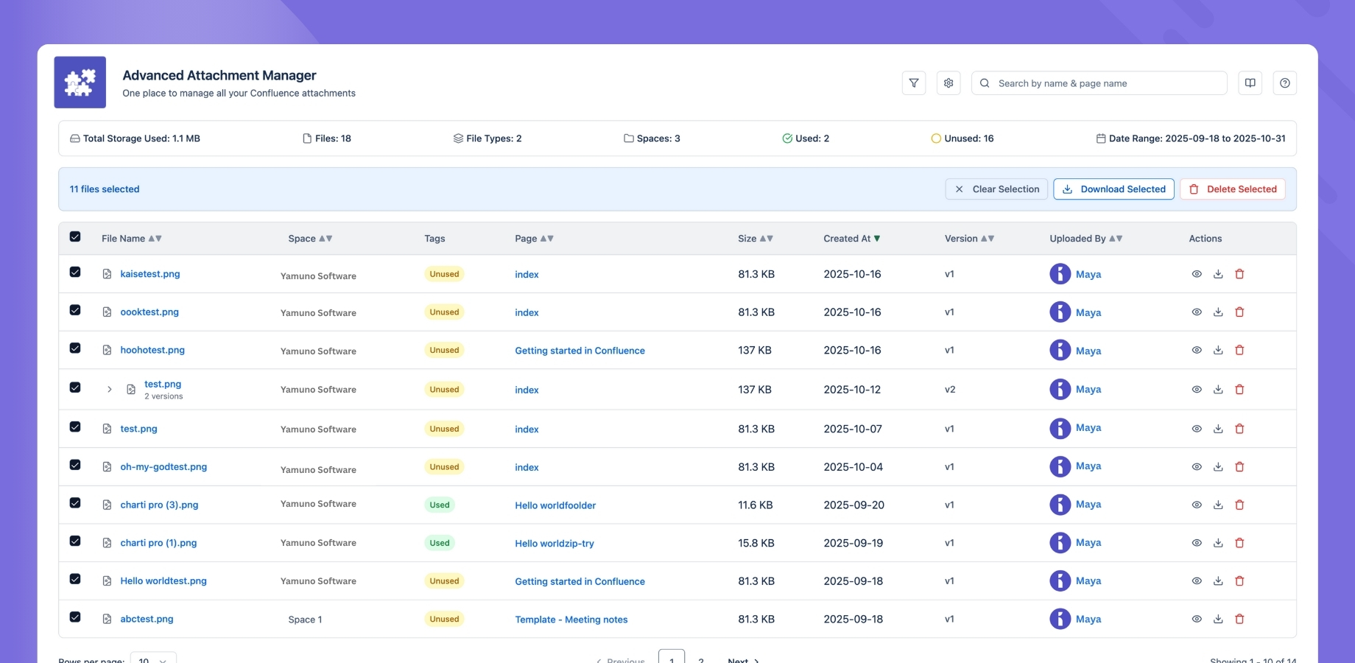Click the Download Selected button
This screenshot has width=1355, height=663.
click(x=1113, y=189)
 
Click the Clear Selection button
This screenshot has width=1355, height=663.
click(x=996, y=189)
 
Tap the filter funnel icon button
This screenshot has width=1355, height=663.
click(x=913, y=83)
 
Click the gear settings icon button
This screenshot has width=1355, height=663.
click(x=948, y=83)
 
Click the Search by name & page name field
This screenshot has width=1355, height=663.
click(x=1105, y=83)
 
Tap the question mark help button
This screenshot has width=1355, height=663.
click(x=1284, y=83)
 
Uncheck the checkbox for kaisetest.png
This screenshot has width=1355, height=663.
click(x=75, y=273)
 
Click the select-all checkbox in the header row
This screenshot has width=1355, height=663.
click(x=75, y=237)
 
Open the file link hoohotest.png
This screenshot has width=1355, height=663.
click(x=152, y=350)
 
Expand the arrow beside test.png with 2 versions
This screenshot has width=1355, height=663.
click(x=109, y=389)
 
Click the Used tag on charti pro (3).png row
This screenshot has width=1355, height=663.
click(x=440, y=505)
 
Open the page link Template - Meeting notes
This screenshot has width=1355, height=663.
click(x=571, y=620)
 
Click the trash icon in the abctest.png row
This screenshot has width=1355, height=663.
click(x=1239, y=619)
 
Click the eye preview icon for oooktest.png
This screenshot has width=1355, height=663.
click(x=1197, y=312)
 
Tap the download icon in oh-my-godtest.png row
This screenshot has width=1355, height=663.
click(x=1218, y=467)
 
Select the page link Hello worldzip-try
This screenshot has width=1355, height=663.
click(x=554, y=544)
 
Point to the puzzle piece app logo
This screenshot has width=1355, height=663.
click(x=80, y=83)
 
